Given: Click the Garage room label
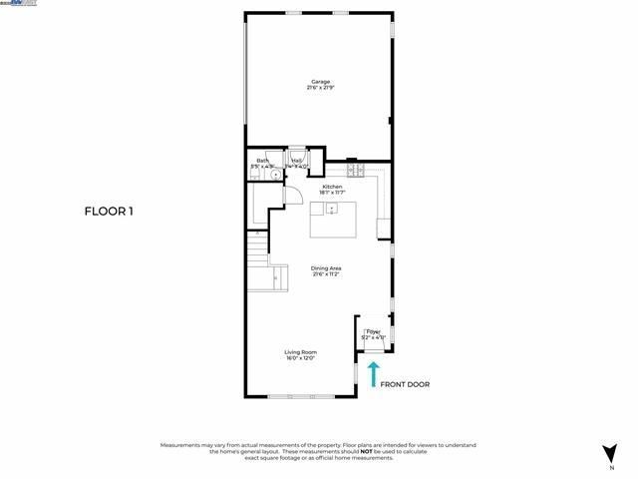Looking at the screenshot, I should coord(319,82).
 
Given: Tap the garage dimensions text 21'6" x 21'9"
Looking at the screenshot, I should coord(319,88).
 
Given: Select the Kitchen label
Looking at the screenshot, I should coord(331,186).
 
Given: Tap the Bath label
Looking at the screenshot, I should coord(262,160).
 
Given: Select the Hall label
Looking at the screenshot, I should coord(296,160).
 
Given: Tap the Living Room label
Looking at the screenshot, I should coord(300,351).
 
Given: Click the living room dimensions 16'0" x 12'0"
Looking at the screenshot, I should coord(300,357).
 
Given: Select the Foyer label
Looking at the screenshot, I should coord(373,331).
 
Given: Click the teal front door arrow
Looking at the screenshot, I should coord(374,374).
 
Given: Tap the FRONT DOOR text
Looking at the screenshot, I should coord(406,383).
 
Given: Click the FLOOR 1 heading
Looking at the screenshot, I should coord(108,211).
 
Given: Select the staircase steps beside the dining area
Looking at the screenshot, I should coord(257,246).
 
